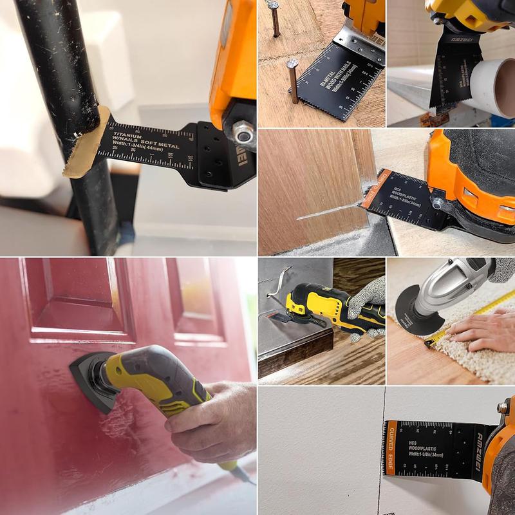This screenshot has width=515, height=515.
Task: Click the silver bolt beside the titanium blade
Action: [x=243, y=133]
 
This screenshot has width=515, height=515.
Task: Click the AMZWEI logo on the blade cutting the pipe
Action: [x=456, y=49]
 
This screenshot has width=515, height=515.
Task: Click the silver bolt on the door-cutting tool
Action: [x=437, y=203]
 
